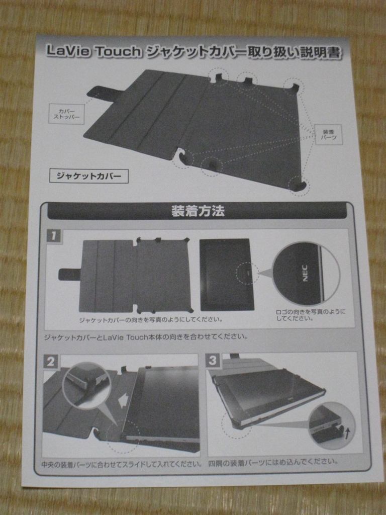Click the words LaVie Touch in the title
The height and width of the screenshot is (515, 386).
pos(93,51)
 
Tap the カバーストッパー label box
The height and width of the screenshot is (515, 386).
pos(66,114)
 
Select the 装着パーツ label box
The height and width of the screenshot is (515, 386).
pos(328,134)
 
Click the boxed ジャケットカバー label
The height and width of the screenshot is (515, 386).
pos(88,176)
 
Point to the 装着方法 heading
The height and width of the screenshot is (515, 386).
pos(198,211)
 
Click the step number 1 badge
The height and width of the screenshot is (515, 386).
pos(53,235)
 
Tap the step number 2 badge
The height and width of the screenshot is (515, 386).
pos(51,362)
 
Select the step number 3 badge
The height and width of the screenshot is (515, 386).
pos(213,360)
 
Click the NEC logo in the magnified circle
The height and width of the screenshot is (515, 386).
pos(305,273)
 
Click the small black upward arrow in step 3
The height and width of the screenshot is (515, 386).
pos(348,433)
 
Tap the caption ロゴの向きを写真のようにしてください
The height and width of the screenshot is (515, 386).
pos(311,315)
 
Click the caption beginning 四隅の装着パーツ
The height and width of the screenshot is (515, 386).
pos(273,462)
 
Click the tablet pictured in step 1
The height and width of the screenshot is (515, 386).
pos(227,275)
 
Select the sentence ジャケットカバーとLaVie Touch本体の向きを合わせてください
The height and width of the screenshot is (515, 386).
pos(146,336)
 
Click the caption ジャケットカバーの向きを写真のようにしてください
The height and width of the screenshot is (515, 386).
pos(151,319)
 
